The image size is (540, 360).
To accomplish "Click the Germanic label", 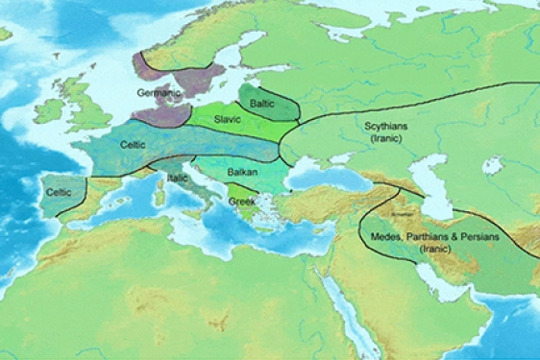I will [x=158, y=93].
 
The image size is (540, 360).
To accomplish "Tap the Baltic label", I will [x=261, y=102].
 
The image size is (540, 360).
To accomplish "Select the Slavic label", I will [x=228, y=119].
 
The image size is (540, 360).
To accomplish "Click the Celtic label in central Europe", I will [x=133, y=144].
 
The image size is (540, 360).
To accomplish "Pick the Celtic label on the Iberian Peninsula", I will [x=59, y=192].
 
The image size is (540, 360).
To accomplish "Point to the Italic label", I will [x=178, y=178].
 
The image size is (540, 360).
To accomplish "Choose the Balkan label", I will [x=241, y=173].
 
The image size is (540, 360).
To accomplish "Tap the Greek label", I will [x=240, y=202].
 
